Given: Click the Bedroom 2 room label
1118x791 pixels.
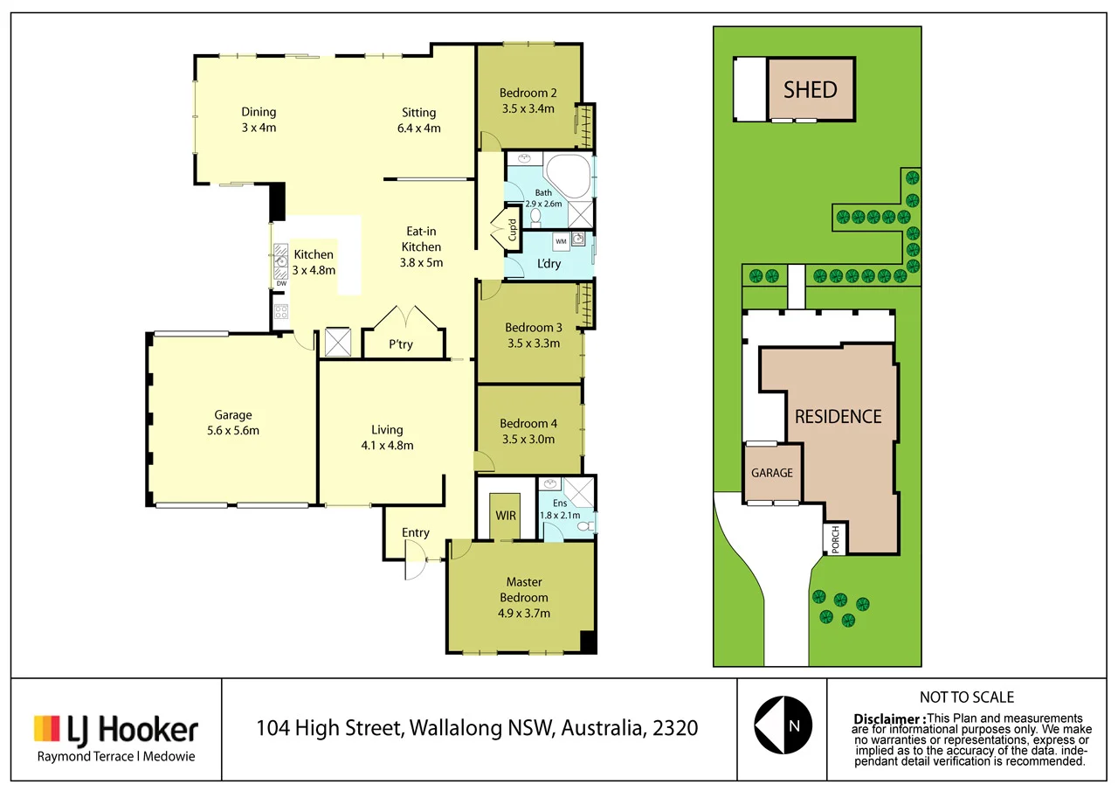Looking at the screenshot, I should (x=528, y=94).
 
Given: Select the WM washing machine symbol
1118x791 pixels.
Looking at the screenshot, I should (x=561, y=240).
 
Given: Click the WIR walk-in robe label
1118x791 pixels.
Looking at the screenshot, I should (x=506, y=516).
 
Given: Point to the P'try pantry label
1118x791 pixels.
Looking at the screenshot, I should (x=401, y=344).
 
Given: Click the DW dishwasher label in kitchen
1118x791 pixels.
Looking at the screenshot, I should (x=281, y=283).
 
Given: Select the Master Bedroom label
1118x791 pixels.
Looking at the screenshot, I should (x=524, y=590).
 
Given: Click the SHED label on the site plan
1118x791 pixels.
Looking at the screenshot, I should (x=810, y=89).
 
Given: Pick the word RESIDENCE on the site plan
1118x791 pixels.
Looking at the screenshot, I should (x=838, y=417).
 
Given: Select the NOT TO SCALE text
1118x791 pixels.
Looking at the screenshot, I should (x=966, y=697).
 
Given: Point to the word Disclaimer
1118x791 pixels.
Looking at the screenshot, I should (x=889, y=718).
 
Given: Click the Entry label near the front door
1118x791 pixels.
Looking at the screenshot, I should (x=416, y=533).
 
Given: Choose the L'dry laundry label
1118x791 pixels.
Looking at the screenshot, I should (x=549, y=263).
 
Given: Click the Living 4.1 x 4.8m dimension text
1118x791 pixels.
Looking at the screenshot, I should (x=386, y=445).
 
